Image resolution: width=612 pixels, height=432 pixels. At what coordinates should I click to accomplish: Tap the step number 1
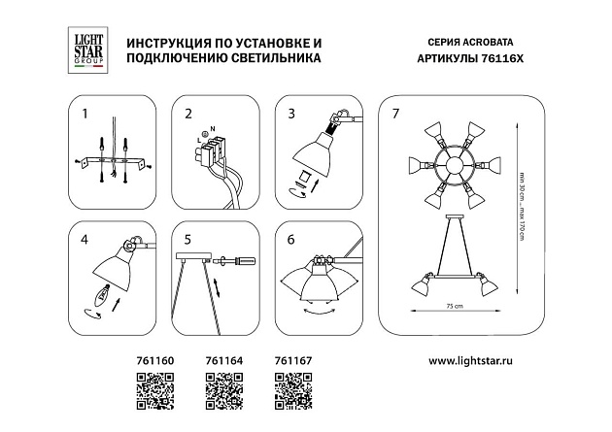pyautogui.click(x=84, y=114)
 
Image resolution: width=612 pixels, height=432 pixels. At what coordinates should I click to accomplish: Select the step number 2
pyautogui.click(x=187, y=114)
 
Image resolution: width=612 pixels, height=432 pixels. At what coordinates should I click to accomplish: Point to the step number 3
pyautogui.click(x=290, y=114)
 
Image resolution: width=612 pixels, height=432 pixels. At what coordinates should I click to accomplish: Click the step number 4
pyautogui.click(x=84, y=238)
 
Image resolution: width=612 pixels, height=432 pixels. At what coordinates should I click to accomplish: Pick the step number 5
pyautogui.click(x=187, y=238)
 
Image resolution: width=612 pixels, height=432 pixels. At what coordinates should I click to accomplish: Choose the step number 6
pyautogui.click(x=290, y=238)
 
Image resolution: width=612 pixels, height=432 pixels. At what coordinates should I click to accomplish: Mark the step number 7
pyautogui.click(x=394, y=114)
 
